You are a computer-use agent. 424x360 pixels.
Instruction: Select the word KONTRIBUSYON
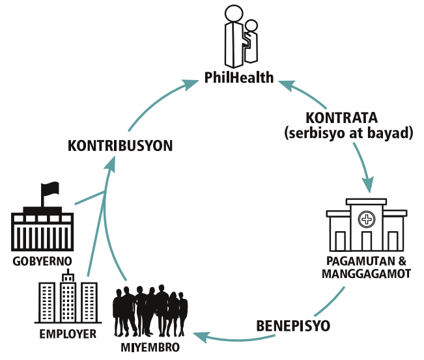pyautogui.click(x=121, y=145)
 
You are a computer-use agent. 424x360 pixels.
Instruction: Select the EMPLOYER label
pyautogui.click(x=68, y=334)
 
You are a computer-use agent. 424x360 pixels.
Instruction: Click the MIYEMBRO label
pyautogui.click(x=150, y=346)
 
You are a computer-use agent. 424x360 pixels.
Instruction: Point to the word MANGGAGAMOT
pyautogui.click(x=366, y=273)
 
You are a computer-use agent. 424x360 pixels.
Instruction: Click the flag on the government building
pyautogui.click(x=50, y=190)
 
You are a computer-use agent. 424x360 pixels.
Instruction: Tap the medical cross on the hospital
pyautogui.click(x=367, y=219)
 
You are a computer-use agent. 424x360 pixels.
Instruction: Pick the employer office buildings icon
pyautogui.click(x=68, y=300)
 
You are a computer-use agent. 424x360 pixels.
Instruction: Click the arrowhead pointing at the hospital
pyautogui.click(x=369, y=185)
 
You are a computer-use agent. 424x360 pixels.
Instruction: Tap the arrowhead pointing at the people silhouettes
pyautogui.click(x=202, y=336)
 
